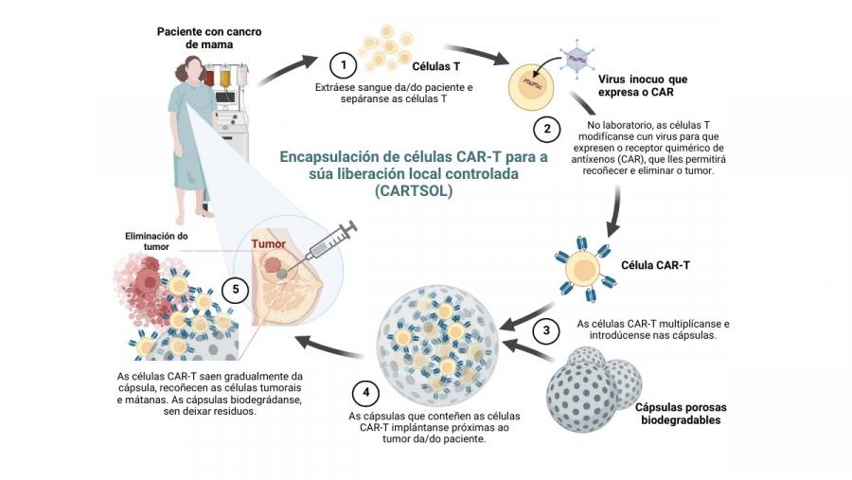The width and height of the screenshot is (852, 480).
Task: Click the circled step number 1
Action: (x=343, y=65)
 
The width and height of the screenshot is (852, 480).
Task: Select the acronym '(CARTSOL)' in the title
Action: (x=414, y=190)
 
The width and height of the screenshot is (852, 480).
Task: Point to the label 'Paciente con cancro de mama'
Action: (x=209, y=37)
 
